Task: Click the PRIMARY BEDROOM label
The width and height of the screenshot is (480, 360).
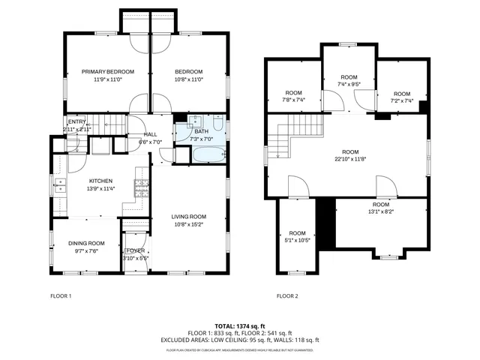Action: [108, 71]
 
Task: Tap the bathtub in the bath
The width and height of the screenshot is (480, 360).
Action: [208, 155]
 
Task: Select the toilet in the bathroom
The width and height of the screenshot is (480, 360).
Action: [215, 124]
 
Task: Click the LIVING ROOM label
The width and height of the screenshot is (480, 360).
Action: [188, 217]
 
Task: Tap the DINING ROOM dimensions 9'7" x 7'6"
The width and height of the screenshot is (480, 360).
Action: [86, 251]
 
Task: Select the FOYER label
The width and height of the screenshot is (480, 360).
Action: [136, 250]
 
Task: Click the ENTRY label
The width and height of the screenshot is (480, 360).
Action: [76, 122]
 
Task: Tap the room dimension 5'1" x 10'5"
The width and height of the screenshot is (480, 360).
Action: [298, 241]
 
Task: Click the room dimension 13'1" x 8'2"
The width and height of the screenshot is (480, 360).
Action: [381, 212]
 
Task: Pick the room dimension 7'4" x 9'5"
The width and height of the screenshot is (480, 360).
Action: [349, 85]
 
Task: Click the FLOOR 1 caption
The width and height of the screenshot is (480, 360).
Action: [60, 296]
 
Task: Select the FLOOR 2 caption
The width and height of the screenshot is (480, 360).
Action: [287, 296]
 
